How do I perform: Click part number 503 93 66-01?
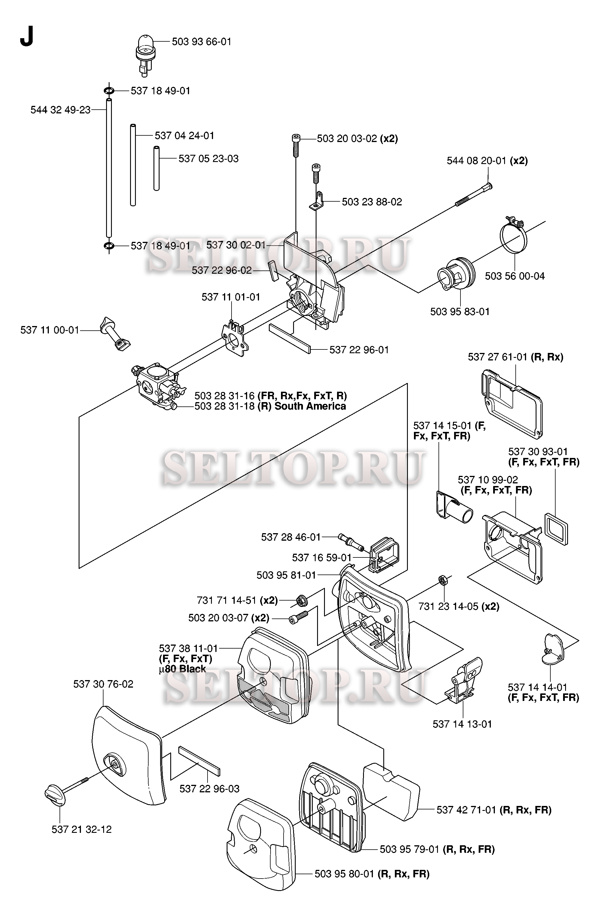click(201, 42)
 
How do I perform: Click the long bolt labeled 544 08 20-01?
click(474, 195)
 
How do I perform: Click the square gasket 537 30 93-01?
click(556, 529)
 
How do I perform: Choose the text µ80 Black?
click(182, 669)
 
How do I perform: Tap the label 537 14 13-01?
click(462, 724)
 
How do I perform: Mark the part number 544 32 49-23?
click(61, 110)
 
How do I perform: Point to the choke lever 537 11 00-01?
click(115, 334)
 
